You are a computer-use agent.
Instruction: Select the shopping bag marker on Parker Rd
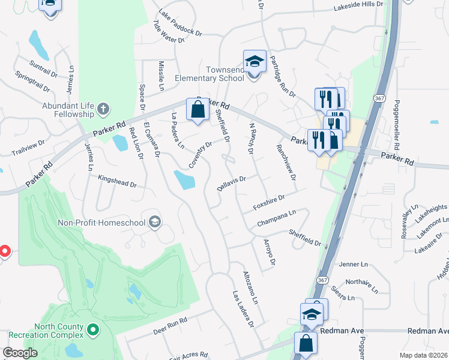tap(197, 110)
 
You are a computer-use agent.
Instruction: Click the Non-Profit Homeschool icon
tap(155, 223)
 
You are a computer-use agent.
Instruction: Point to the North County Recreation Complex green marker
tap(92, 329)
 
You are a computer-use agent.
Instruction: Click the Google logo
tap(20, 353)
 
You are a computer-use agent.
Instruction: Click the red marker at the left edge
tap(3, 251)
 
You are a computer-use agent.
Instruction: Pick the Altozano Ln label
tap(250, 287)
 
